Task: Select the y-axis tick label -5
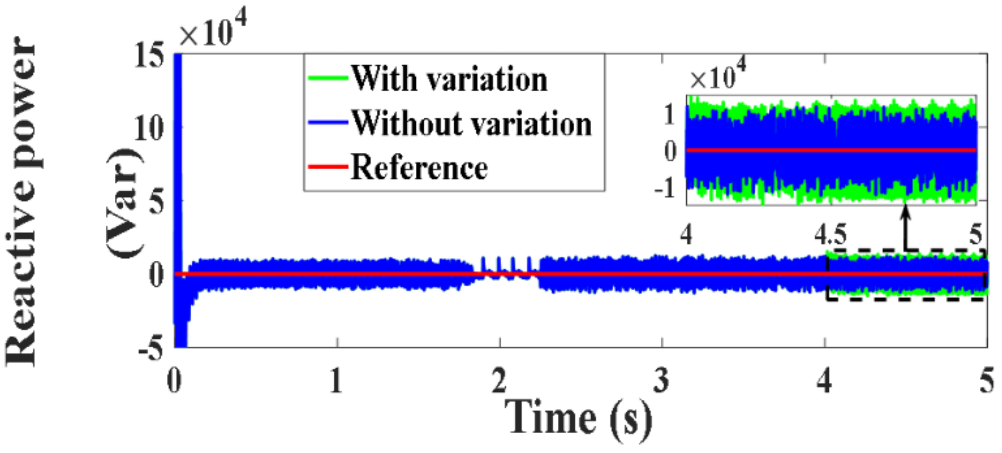[151, 349]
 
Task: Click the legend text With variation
[449, 79]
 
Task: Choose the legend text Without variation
[471, 123]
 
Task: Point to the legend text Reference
[419, 168]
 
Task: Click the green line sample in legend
[327, 78]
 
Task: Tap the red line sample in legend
[327, 167]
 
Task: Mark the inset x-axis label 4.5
[830, 235]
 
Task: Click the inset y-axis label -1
[666, 188]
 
